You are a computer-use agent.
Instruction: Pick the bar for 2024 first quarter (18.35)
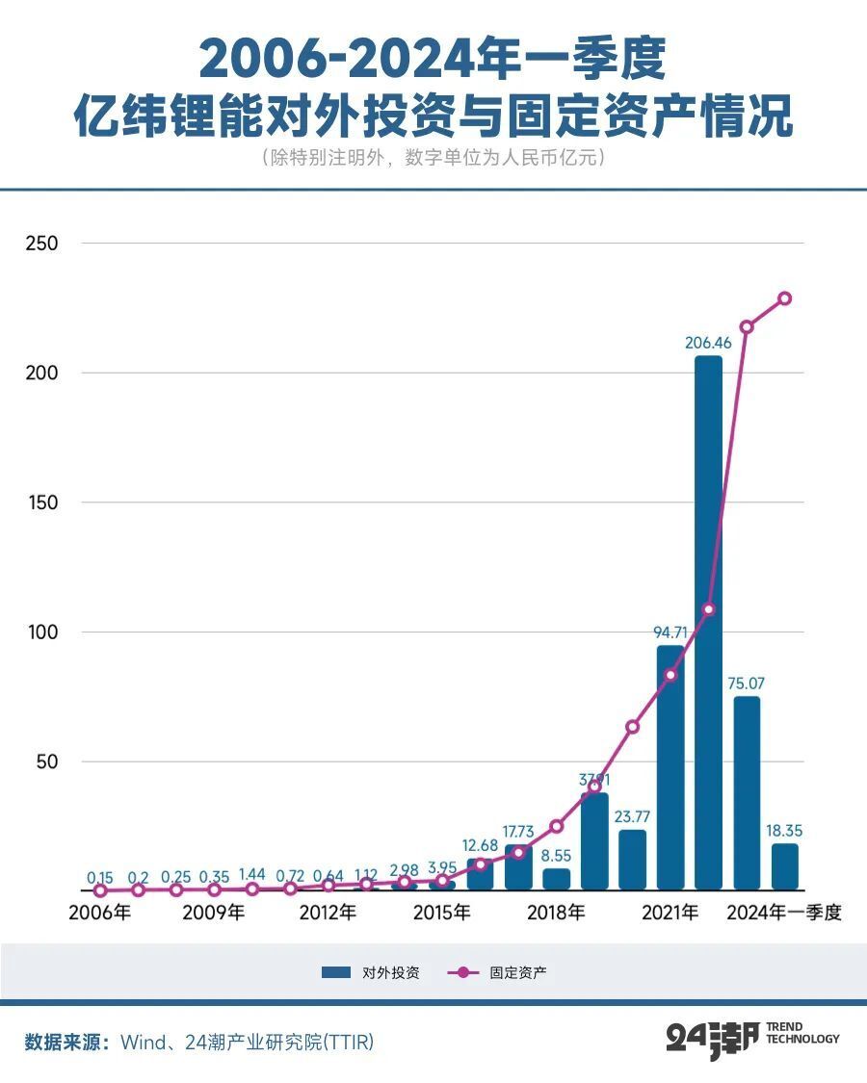tap(784, 866)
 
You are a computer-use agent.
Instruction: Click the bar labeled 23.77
tap(632, 860)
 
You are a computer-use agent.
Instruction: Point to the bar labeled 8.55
tap(557, 879)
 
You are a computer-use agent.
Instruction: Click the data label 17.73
tap(518, 832)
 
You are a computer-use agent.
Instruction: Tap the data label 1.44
tap(251, 874)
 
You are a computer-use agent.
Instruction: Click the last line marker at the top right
tap(784, 298)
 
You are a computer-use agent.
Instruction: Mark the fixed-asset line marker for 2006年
tap(100, 890)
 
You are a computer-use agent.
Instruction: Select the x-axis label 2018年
tap(556, 913)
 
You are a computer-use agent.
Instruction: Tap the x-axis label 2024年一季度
tap(784, 913)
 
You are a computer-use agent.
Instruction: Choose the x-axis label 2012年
tap(328, 913)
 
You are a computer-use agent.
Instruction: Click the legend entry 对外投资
tap(371, 973)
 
